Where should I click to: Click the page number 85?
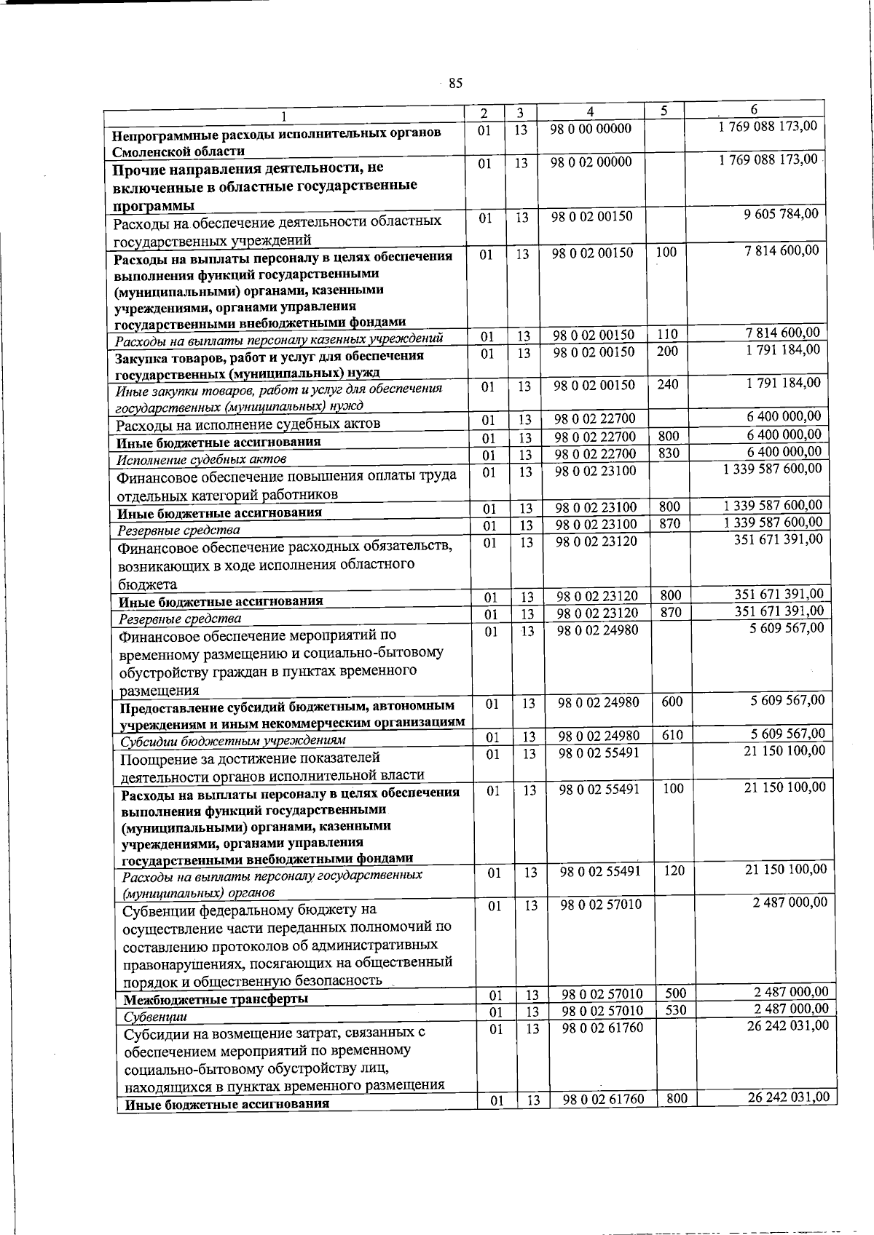[455, 83]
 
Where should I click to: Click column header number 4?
[590, 112]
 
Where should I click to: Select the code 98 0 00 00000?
[591, 129]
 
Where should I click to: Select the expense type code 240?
[667, 384]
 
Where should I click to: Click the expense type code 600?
[672, 701]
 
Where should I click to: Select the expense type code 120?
[674, 870]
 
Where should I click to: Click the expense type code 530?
[676, 1010]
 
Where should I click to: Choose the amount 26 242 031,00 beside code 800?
[789, 1097]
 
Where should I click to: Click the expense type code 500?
[676, 993]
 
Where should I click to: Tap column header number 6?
[755, 109]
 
